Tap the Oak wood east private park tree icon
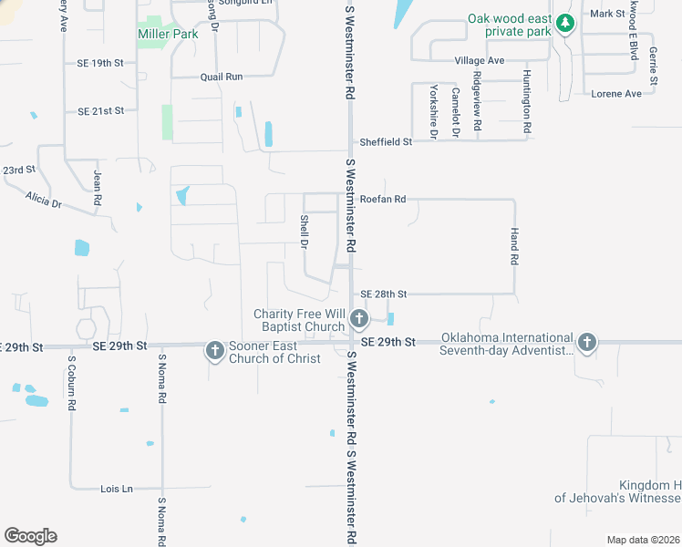pyautogui.click(x=565, y=23)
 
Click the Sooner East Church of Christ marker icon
pyautogui.click(x=214, y=350)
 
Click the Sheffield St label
pyautogui.click(x=386, y=141)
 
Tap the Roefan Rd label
pyautogui.click(x=382, y=198)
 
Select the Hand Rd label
pyautogui.click(x=514, y=247)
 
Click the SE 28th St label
pyautogui.click(x=383, y=294)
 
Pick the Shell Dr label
pyautogui.click(x=304, y=230)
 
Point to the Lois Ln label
pyautogui.click(x=116, y=489)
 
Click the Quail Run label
pyautogui.click(x=223, y=77)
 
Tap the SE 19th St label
pyautogui.click(x=100, y=63)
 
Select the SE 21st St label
pyautogui.click(x=100, y=110)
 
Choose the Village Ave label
pyautogui.click(x=480, y=60)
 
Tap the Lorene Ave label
pyautogui.click(x=616, y=94)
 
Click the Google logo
pyautogui.click(x=30, y=535)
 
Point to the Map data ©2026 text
pyautogui.click(x=643, y=539)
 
